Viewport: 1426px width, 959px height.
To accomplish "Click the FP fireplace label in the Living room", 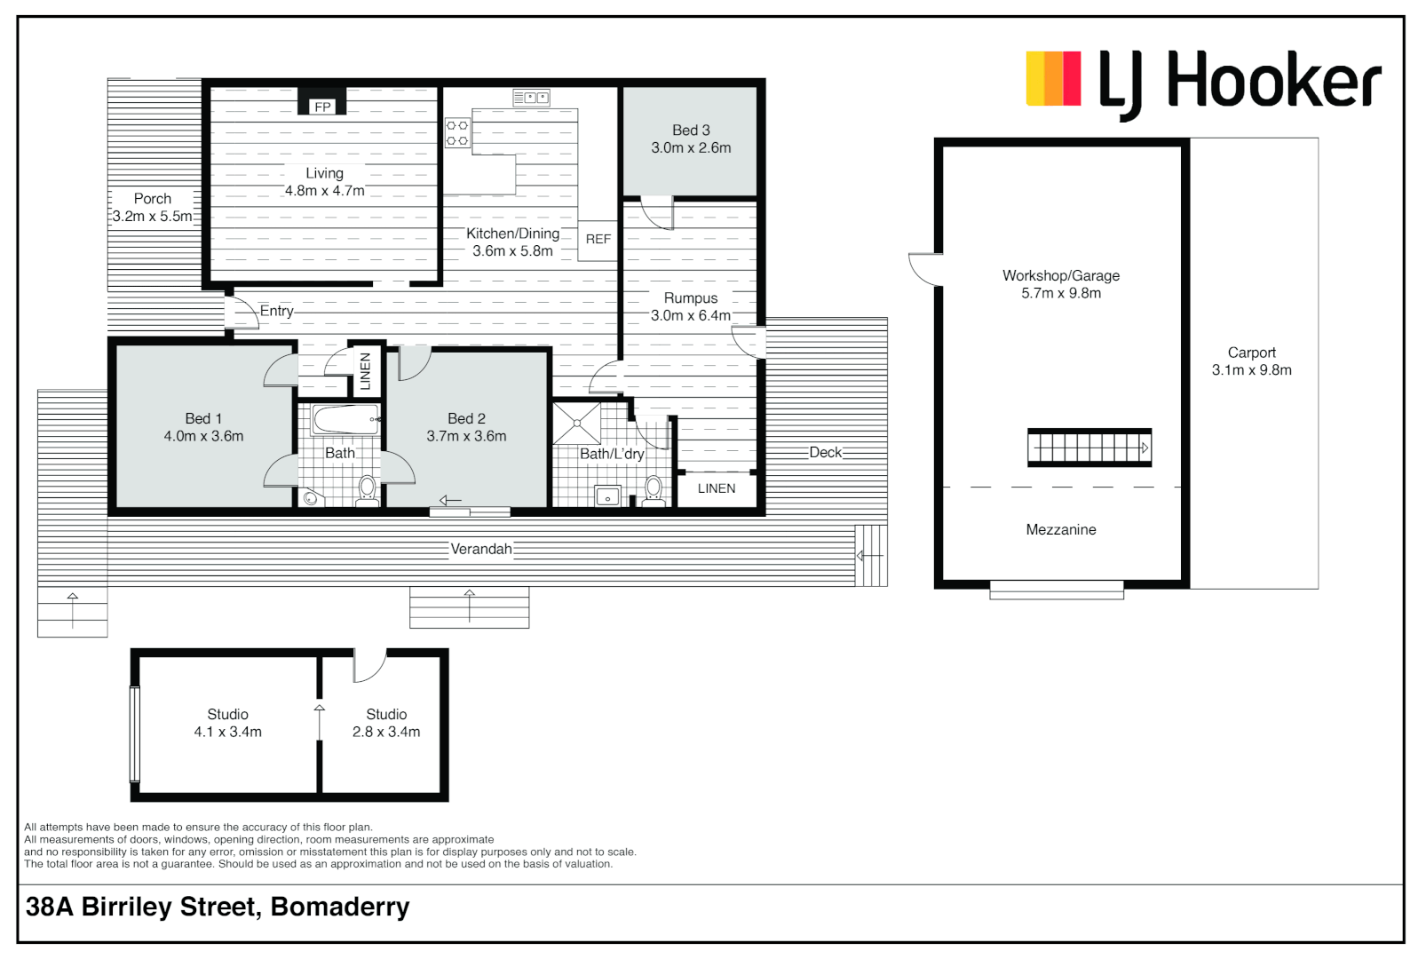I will (x=322, y=107).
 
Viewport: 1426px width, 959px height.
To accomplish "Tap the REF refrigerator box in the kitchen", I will (x=598, y=239).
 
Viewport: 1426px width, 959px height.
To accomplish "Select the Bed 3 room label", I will (x=691, y=131).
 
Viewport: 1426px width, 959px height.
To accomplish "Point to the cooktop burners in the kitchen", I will (x=457, y=133).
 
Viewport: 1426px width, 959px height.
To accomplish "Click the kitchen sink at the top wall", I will (x=531, y=98).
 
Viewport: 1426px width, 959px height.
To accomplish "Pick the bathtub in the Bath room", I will (x=346, y=419).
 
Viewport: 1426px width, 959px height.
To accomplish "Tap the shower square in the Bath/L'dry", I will (x=576, y=424).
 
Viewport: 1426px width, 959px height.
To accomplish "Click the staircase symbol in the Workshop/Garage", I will (x=1089, y=448).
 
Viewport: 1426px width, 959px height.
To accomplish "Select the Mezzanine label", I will (x=1061, y=530).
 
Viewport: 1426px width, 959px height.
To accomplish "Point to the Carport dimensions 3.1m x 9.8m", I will (x=1251, y=370).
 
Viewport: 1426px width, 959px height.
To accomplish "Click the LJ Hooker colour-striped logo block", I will (x=1053, y=78).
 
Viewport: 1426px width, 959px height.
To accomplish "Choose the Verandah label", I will (x=481, y=549).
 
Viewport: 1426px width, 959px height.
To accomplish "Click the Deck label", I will (x=825, y=452).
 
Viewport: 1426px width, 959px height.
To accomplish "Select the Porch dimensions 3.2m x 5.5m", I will (x=152, y=216).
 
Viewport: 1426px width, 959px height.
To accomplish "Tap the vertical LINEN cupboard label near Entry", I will (x=365, y=371).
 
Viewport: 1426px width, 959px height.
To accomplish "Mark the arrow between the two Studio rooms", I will (x=320, y=721).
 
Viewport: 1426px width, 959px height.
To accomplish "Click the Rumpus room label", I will (x=691, y=298).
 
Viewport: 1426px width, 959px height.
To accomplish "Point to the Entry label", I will (x=276, y=311).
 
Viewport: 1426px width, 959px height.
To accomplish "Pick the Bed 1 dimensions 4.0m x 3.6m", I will (x=203, y=436).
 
